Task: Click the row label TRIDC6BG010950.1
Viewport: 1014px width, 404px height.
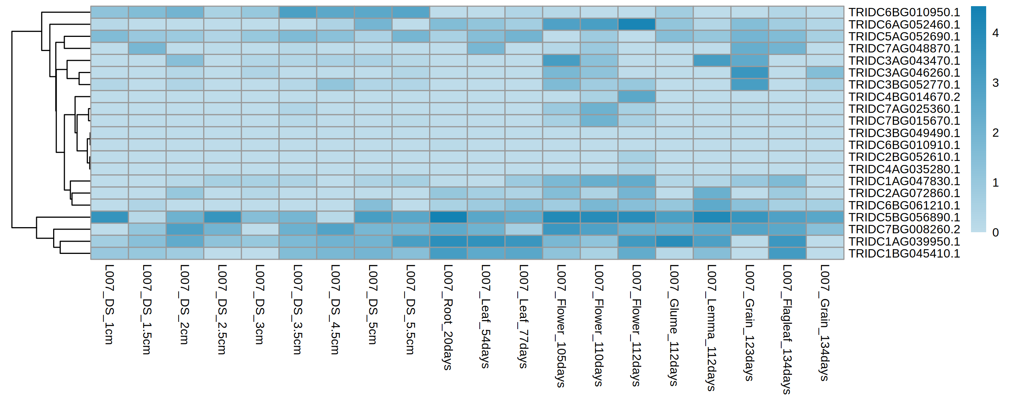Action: (x=904, y=12)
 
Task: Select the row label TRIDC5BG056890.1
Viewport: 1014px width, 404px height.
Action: (x=904, y=217)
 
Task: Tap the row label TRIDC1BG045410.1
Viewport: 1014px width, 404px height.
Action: (x=904, y=254)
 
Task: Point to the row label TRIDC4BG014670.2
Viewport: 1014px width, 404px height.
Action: (x=904, y=97)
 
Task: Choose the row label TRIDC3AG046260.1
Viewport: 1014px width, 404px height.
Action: (x=904, y=73)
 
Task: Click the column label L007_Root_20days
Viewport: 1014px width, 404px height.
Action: (x=448, y=317)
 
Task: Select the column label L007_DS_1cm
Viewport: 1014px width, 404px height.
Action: (x=109, y=305)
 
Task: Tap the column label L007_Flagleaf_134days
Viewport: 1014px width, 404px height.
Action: (x=787, y=329)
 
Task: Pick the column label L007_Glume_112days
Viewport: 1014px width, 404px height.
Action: (x=674, y=325)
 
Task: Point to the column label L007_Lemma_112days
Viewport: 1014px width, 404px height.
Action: (x=712, y=328)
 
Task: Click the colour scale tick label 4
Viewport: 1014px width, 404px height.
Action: (x=996, y=33)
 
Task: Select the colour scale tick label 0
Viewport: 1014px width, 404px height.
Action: (x=996, y=233)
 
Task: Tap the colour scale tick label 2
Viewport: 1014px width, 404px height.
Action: (x=996, y=133)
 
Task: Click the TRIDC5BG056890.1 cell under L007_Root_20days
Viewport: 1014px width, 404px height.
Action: (x=448, y=217)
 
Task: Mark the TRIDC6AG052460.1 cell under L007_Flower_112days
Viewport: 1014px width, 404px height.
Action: (x=637, y=24)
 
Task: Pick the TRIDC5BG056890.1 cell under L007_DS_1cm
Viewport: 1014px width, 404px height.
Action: (x=110, y=217)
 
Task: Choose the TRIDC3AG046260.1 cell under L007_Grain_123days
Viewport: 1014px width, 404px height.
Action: (x=749, y=73)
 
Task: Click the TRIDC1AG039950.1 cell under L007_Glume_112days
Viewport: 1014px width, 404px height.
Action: (x=674, y=241)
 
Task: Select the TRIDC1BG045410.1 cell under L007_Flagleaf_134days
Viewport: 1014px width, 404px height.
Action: (x=787, y=254)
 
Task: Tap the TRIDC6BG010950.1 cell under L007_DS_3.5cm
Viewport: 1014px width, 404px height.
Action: (x=298, y=12)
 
